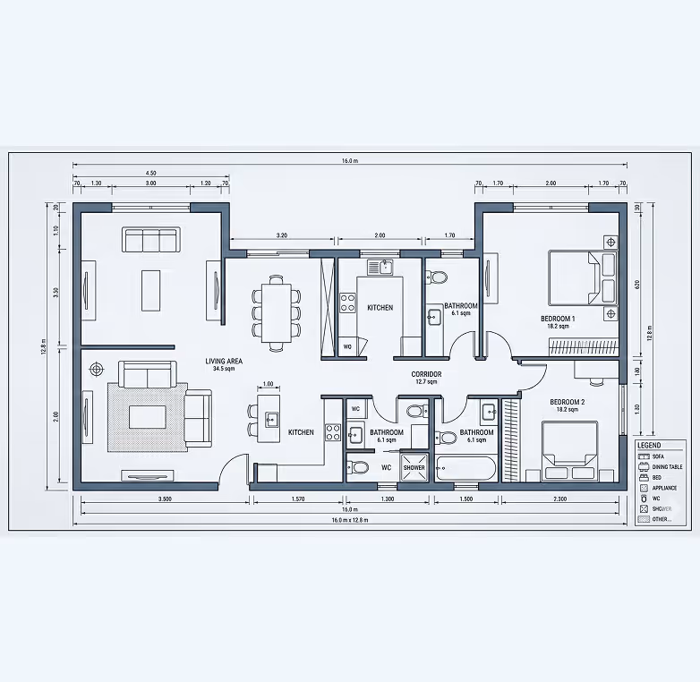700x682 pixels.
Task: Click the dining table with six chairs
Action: (x=276, y=310)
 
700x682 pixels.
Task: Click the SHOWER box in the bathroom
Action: (x=414, y=467)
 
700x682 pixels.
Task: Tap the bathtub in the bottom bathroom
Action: (x=465, y=468)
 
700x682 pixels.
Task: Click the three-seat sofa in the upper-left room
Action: (x=151, y=240)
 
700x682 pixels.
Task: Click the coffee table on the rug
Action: (x=148, y=417)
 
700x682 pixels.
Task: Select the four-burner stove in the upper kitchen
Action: (x=348, y=303)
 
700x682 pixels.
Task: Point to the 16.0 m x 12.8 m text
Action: (x=350, y=520)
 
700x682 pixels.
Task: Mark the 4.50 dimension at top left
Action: (x=150, y=173)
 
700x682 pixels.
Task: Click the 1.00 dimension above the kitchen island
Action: (x=268, y=384)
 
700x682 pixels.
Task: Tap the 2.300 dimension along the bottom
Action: (x=559, y=499)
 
